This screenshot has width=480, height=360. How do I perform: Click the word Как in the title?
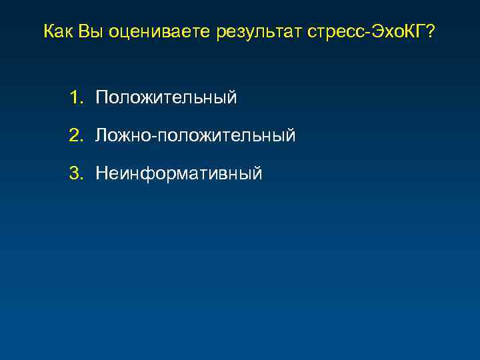(x=58, y=31)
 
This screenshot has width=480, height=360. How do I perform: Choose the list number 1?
(x=73, y=98)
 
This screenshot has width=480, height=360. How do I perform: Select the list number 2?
(x=73, y=136)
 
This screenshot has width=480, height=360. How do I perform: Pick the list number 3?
(x=73, y=174)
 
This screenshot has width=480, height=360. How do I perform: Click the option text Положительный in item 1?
(x=166, y=99)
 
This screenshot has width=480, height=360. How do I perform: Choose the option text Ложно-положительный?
(x=195, y=137)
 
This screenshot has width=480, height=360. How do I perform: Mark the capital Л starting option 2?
(x=101, y=136)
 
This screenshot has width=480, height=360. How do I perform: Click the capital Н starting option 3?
(x=102, y=174)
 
